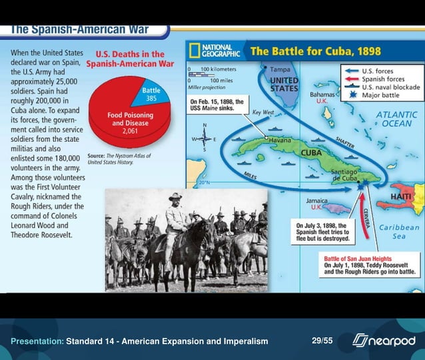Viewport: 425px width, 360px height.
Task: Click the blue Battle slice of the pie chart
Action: [154, 95]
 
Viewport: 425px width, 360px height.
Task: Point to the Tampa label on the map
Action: [279, 69]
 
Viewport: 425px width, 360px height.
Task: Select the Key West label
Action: [264, 113]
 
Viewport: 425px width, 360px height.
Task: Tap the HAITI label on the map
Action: [400, 198]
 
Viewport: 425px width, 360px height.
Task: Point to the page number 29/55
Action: [322, 341]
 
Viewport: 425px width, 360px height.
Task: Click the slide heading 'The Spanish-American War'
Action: [80, 31]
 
